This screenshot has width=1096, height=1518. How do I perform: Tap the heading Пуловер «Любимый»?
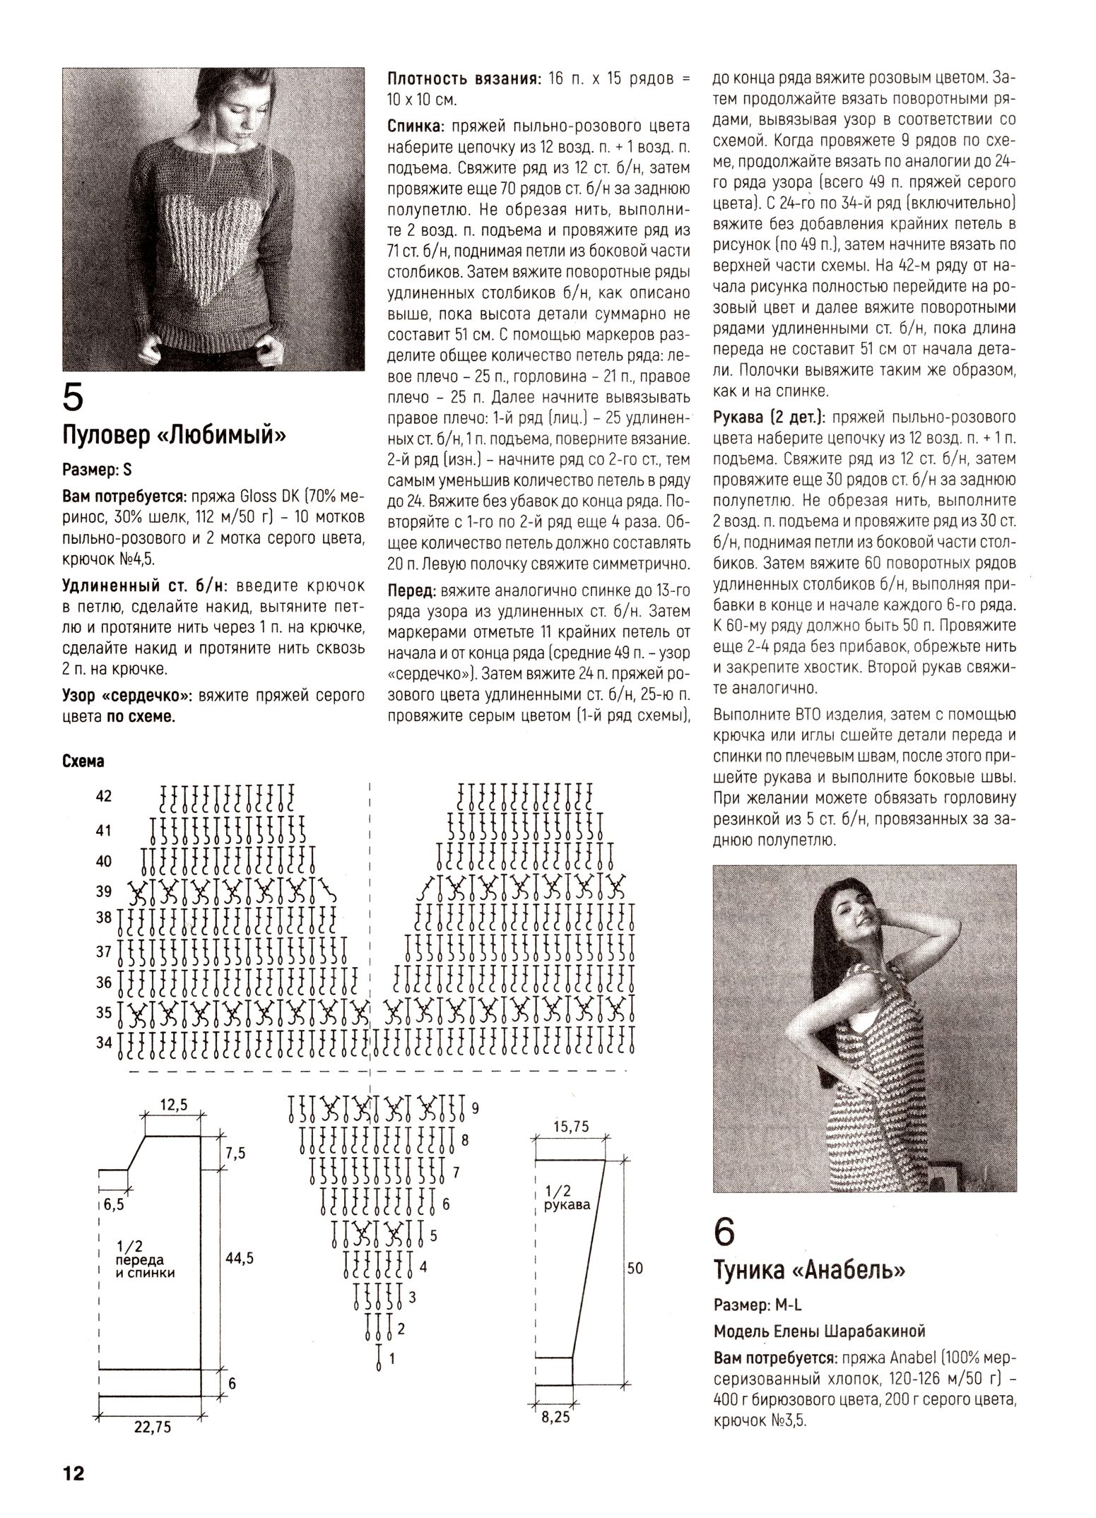click(174, 435)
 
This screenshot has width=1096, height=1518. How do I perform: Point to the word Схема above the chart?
click(83, 761)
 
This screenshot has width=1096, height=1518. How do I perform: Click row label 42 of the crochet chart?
click(104, 796)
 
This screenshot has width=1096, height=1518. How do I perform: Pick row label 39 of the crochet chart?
click(104, 891)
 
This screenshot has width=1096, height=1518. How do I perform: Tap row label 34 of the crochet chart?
click(104, 1042)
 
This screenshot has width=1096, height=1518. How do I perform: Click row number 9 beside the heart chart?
click(476, 1108)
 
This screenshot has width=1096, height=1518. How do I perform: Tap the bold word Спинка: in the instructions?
click(416, 126)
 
